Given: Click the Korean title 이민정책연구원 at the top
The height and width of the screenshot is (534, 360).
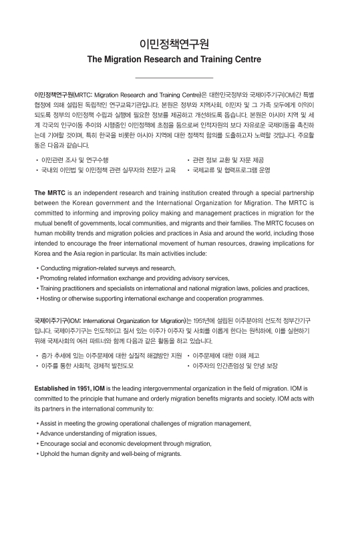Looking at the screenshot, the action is [x=174, y=44].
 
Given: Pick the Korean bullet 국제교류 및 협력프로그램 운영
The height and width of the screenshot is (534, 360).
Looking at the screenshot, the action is [x=231, y=170].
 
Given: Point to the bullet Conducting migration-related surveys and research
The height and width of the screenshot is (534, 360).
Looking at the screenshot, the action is [x=108, y=268].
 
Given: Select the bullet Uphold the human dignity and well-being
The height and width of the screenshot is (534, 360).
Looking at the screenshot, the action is [x=110, y=453].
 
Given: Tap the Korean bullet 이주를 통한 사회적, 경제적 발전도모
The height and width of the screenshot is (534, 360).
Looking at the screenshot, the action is [x=87, y=366].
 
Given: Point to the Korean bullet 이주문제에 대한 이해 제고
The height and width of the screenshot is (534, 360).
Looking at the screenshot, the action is [x=226, y=356].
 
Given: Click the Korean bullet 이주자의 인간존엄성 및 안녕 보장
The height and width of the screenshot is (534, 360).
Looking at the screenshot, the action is [x=234, y=366].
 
